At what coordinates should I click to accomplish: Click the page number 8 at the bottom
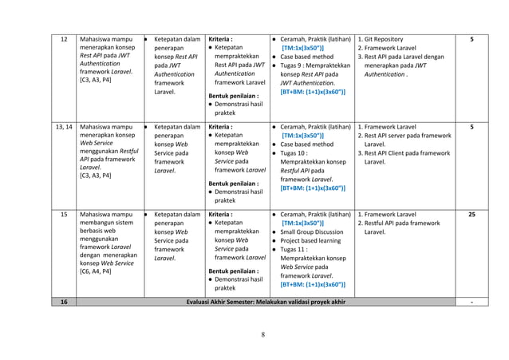[262, 334]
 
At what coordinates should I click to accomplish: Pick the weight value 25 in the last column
[472, 215]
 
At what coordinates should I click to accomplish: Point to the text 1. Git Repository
[386, 38]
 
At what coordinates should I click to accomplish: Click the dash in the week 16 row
[472, 302]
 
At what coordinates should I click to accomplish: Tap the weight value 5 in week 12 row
[472, 38]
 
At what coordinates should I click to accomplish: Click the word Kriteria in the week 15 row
[219, 215]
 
